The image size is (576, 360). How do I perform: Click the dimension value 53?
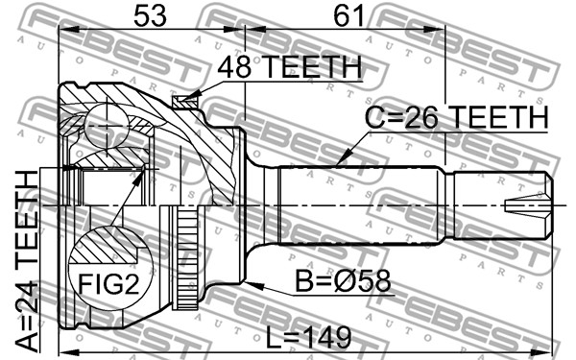click(150, 16)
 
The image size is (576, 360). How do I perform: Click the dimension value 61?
click(348, 16)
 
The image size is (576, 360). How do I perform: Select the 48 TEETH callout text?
click(290, 67)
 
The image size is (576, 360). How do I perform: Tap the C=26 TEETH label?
click(456, 117)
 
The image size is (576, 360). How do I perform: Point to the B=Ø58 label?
click(343, 281)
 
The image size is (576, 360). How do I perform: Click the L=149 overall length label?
click(308, 338)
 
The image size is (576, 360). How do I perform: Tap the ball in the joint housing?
click(107, 126)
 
